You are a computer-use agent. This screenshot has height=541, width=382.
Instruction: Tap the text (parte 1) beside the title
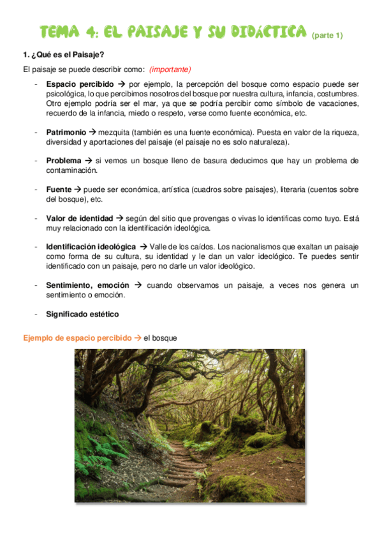327,35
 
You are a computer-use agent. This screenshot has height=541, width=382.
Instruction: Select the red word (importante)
170,70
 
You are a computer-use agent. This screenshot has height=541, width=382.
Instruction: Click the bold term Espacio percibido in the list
80,84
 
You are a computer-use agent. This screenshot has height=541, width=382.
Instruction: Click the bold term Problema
64,161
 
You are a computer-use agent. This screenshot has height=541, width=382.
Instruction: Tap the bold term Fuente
59,189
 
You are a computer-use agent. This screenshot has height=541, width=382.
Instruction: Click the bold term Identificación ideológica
91,246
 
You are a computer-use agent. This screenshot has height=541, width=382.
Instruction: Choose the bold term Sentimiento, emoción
87,285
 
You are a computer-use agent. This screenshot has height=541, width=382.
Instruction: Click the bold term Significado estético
82,314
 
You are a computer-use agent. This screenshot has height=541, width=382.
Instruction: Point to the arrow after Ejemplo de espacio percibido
138,337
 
